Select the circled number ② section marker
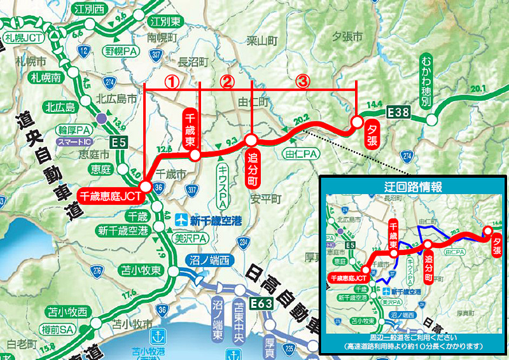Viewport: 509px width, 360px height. [x=227, y=81]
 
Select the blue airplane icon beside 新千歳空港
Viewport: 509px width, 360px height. [x=183, y=221]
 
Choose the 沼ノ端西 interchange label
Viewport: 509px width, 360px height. [x=207, y=260]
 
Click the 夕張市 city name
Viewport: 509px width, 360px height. [x=348, y=37]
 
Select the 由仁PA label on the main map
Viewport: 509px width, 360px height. [x=302, y=153]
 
